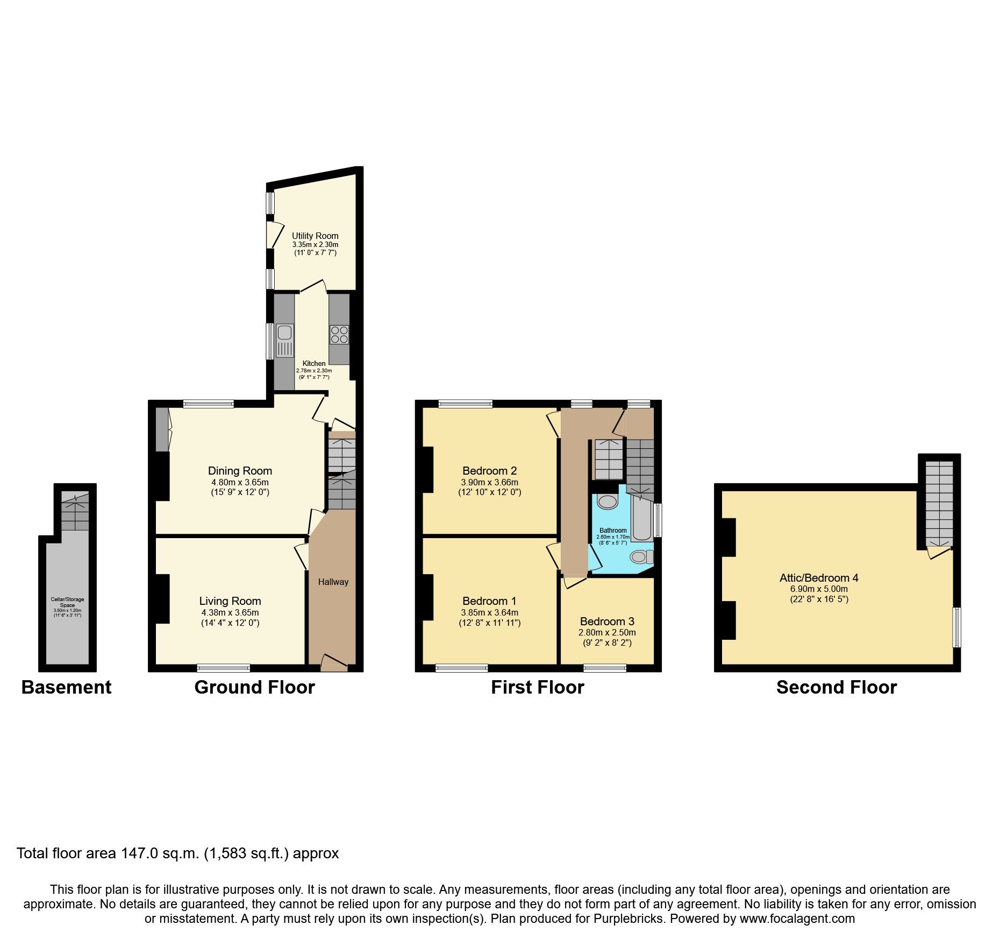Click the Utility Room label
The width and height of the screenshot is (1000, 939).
315,236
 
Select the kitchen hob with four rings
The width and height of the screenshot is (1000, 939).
339,335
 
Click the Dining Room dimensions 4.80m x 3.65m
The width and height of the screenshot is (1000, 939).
240,482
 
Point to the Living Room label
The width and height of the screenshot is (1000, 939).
230,601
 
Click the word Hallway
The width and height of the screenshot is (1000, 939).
333,582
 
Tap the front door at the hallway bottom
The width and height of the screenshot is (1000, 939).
333,663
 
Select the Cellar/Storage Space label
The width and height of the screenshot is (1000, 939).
67,602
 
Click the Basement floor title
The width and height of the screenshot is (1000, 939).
66,687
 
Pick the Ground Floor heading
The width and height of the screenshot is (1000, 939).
254,687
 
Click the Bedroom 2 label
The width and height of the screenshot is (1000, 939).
489,471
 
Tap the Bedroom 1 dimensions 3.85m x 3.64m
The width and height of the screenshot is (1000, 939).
489,612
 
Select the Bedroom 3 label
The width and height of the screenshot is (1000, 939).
607,622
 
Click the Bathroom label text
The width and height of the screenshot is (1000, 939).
613,530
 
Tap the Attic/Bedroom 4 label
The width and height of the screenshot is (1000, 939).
819,578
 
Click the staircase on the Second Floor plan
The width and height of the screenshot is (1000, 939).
939,503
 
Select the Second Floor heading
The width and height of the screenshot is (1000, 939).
837,687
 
